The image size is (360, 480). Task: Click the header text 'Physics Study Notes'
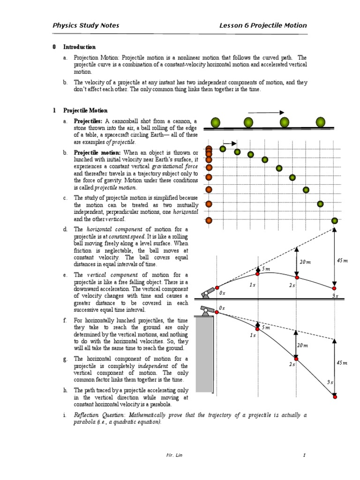[85, 25]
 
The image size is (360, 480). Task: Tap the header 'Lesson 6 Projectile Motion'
[263, 25]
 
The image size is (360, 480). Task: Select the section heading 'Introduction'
[79, 47]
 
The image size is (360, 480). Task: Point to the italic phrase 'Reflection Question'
[98, 415]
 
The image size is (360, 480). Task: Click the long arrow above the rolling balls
[266, 112]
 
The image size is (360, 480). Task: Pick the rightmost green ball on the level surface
[320, 122]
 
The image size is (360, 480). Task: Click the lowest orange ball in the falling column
[209, 220]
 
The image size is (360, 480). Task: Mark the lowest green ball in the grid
[335, 221]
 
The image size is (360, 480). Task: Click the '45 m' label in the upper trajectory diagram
[342, 261]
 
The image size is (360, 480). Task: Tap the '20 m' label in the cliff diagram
[302, 345]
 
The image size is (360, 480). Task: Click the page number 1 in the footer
[304, 455]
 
